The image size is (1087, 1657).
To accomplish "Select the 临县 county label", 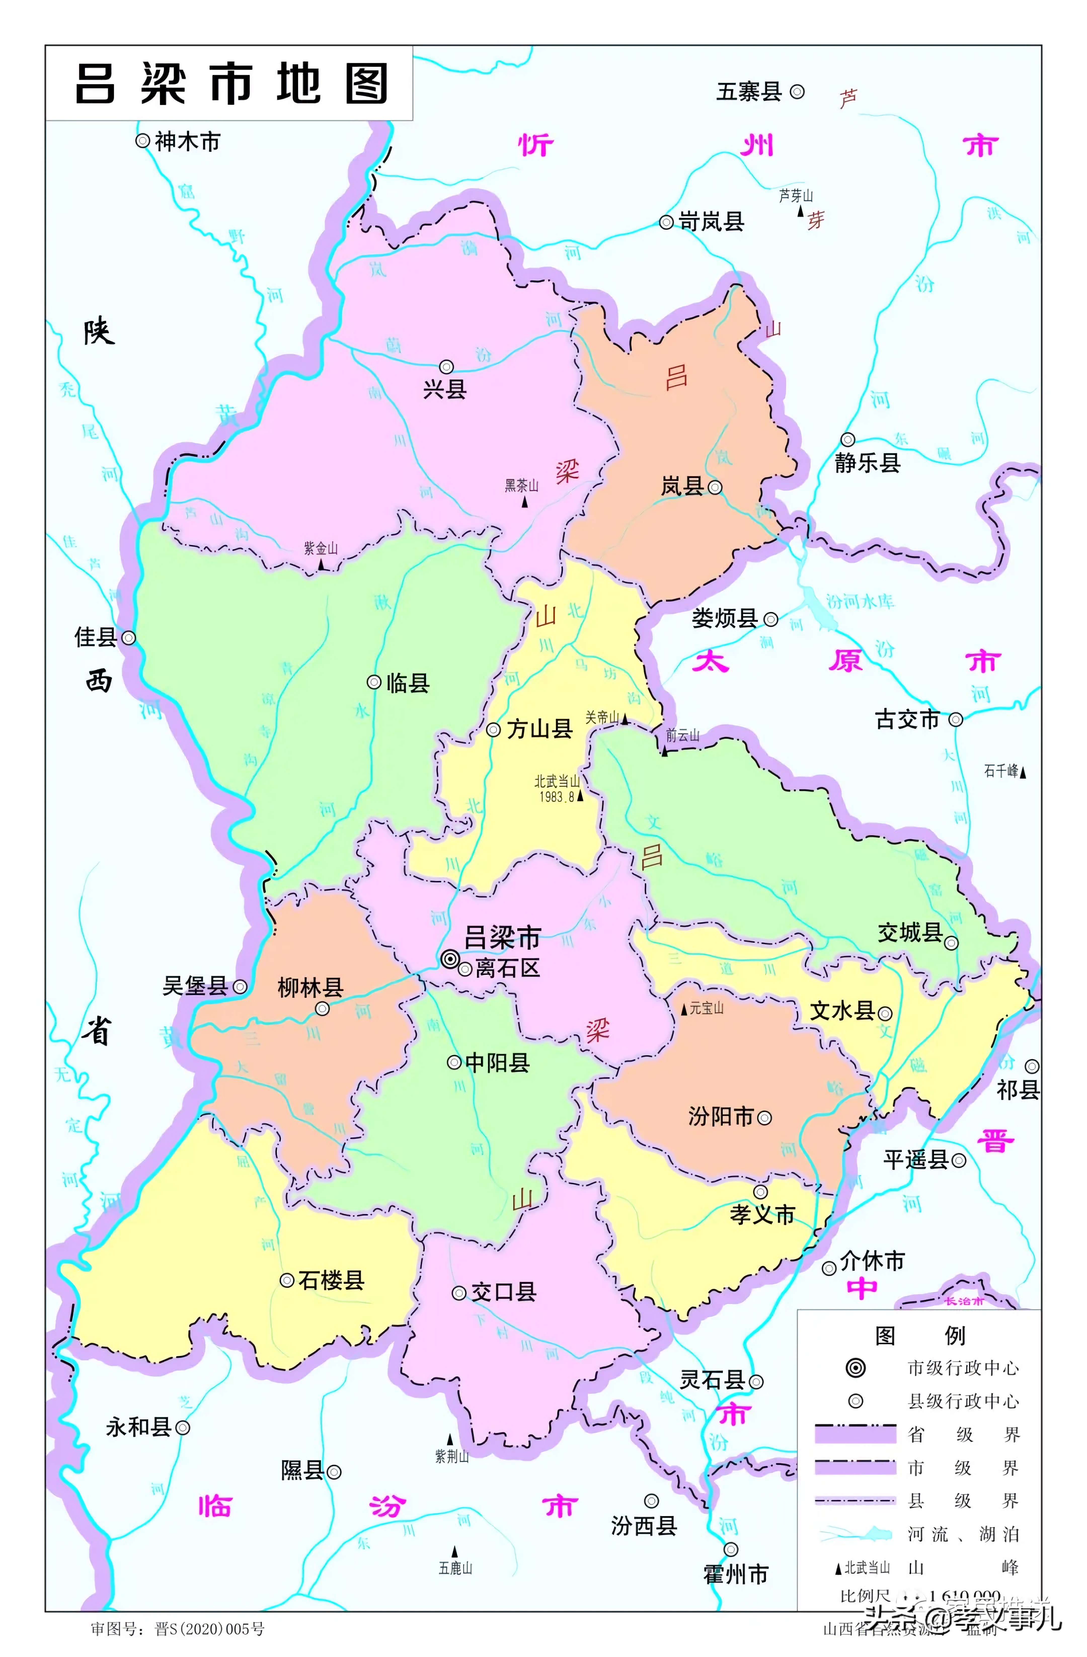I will point(407,683).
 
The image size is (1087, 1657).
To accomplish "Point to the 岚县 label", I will point(682,486).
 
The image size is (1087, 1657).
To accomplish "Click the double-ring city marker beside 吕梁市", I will point(450,959).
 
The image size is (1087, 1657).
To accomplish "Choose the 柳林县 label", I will point(310,987).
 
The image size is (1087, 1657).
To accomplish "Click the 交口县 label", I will point(503,1292).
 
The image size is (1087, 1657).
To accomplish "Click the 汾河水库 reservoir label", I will point(860,601).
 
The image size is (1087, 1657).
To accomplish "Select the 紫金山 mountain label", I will point(320,549).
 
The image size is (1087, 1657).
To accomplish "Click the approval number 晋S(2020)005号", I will point(209,1629).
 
